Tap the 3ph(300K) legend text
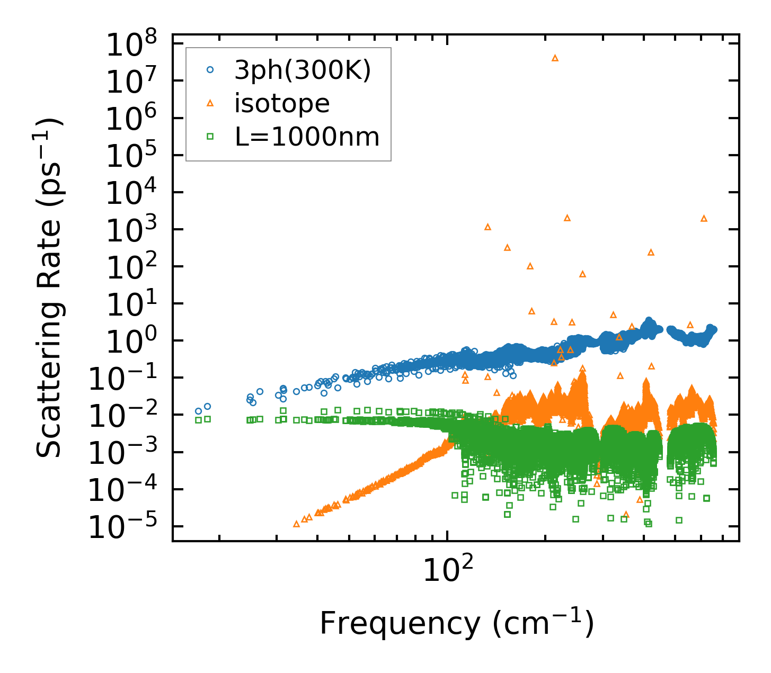[x=303, y=70]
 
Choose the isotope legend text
[x=282, y=103]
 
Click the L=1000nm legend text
[x=307, y=137]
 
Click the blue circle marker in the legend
[x=210, y=70]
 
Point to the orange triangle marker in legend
[x=210, y=103]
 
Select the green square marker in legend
[x=210, y=137]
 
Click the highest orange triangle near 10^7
[x=555, y=58]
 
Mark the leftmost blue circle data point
[x=198, y=411]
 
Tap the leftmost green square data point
[x=198, y=420]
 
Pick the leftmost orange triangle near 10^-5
[x=296, y=524]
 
